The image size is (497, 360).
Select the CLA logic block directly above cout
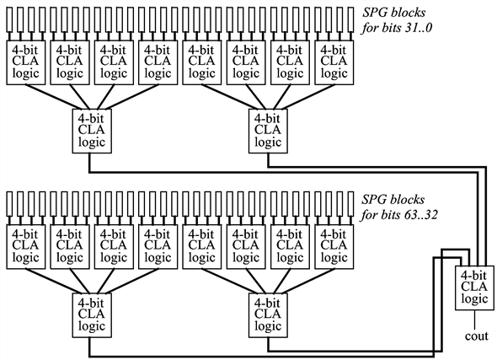pyautogui.click(x=473, y=286)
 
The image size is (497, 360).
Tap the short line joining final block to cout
pyautogui.click(x=473, y=315)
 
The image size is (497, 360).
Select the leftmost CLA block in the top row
pyautogui.click(x=24, y=62)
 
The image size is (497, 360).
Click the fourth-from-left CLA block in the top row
pyautogui.click(x=158, y=62)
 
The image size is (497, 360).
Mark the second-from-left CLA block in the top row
pyautogui.click(x=69, y=62)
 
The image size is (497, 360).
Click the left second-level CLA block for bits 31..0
pyautogui.click(x=90, y=131)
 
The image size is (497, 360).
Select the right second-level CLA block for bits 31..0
pyautogui.click(x=267, y=131)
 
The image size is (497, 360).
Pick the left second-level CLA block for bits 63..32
pyautogui.click(x=90, y=313)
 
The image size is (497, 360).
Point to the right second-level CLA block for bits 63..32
pyautogui.click(x=267, y=313)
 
